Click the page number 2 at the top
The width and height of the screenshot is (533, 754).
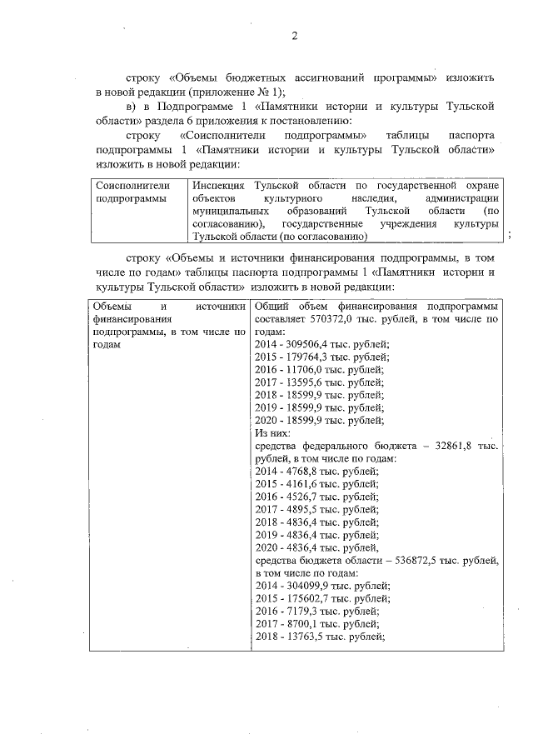(294, 36)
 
